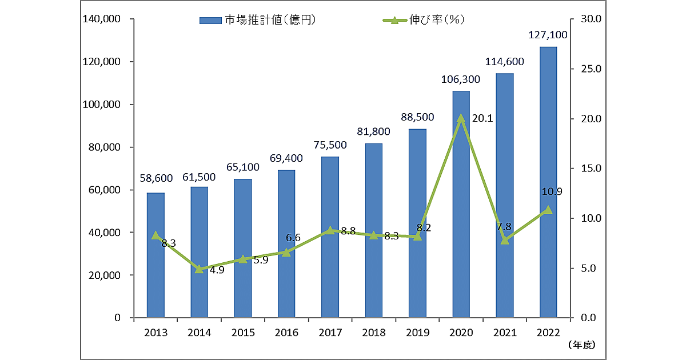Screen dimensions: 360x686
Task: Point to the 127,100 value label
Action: [x=548, y=35]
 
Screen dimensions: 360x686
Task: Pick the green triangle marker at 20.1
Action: [x=461, y=119]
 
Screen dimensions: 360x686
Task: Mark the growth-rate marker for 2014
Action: [x=199, y=269]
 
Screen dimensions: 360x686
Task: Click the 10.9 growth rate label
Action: [x=551, y=192]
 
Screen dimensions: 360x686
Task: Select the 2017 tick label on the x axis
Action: [x=330, y=332]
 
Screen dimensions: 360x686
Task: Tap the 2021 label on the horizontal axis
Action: [x=504, y=332]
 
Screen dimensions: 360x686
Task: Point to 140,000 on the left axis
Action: [x=101, y=19]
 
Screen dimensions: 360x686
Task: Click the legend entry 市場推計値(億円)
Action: [x=257, y=20]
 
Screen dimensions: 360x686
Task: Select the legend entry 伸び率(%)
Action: [x=423, y=20]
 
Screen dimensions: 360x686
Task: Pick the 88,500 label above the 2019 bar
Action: [x=417, y=118]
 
